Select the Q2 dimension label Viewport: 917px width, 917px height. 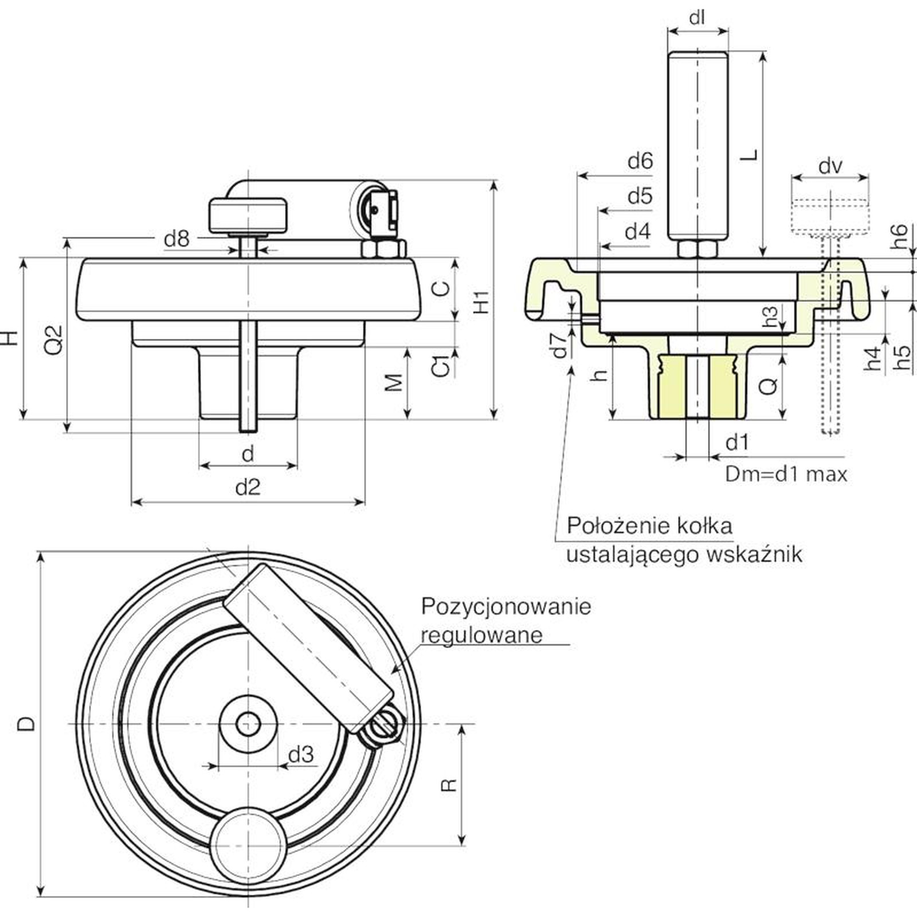point(53,339)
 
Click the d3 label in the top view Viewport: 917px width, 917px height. point(301,755)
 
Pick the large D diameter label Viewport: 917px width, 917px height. point(26,724)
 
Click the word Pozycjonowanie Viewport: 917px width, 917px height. point(505,606)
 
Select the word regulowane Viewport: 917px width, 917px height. point(481,635)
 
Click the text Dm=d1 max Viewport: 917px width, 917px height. point(786,474)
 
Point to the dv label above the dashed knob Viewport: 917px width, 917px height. point(830,166)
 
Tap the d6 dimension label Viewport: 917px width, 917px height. point(640,161)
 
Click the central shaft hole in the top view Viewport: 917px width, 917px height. point(248,724)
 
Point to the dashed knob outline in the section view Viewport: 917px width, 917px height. point(830,215)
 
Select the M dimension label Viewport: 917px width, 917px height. point(393,382)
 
